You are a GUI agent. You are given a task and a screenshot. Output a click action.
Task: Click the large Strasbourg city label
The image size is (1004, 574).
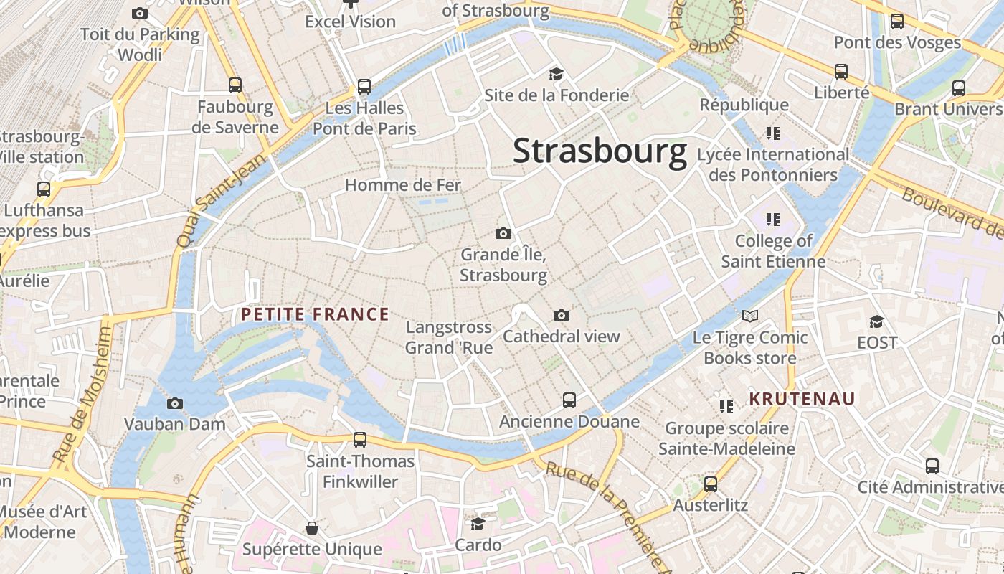[x=600, y=152]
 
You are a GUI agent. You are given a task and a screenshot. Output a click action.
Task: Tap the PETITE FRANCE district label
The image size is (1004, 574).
[x=315, y=314]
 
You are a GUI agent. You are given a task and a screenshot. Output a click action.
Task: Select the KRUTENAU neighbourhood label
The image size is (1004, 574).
[x=802, y=399]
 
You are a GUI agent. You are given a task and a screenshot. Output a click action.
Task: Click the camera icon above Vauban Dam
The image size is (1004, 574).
[x=175, y=403]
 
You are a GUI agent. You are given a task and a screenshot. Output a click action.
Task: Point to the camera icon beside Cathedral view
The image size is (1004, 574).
[x=562, y=315]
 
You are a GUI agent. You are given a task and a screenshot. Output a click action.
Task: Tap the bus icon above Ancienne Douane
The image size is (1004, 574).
[x=569, y=400]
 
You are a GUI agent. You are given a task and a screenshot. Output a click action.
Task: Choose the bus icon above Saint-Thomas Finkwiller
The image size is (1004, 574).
[x=360, y=439]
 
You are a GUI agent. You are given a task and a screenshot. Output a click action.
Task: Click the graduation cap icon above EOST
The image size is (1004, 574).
[x=876, y=321]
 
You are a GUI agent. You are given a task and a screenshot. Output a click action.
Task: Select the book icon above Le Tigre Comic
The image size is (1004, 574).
[x=750, y=316]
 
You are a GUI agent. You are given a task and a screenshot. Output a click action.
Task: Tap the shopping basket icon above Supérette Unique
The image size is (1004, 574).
[x=312, y=528]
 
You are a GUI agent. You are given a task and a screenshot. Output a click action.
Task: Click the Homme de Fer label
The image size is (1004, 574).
[x=402, y=185]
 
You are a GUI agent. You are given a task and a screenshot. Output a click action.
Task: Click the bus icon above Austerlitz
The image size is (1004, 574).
[x=711, y=484]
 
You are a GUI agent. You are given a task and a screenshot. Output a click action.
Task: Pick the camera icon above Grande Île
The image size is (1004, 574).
[x=503, y=233]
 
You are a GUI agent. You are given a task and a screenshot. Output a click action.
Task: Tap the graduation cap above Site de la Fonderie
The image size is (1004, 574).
[x=556, y=74]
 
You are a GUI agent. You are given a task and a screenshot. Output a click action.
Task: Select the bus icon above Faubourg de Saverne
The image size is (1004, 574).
[x=235, y=85]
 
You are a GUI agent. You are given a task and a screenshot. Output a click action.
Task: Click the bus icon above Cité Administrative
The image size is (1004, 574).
[x=932, y=466]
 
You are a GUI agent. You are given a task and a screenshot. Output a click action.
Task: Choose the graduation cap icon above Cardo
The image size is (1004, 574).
[x=478, y=524]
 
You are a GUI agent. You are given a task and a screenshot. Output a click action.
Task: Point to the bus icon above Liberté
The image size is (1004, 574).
[x=841, y=72]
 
